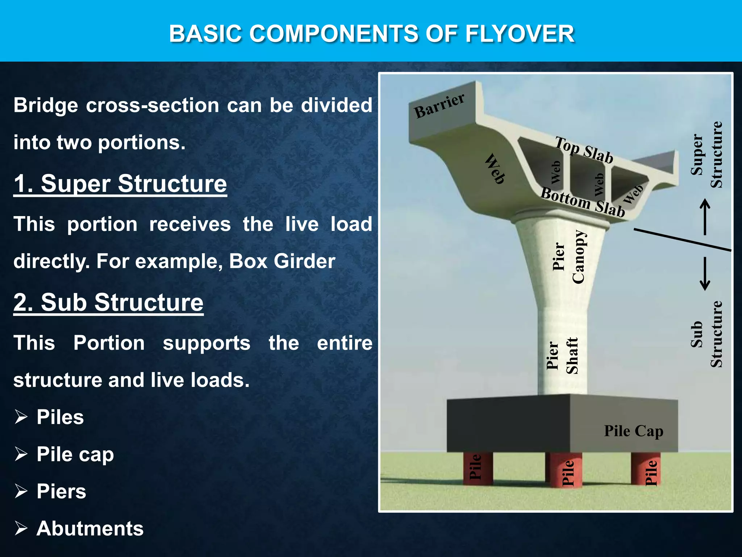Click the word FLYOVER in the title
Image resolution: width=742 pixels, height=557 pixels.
(520, 34)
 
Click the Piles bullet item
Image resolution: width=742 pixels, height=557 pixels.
(60, 417)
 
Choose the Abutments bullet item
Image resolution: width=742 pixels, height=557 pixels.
(90, 528)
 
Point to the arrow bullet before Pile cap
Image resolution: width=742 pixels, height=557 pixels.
(21, 454)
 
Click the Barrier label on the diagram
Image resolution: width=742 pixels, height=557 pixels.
(439, 106)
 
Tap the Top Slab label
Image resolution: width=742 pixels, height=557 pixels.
(584, 150)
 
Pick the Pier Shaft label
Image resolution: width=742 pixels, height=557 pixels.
(562, 356)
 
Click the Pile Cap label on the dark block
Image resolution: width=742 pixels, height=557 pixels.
(633, 431)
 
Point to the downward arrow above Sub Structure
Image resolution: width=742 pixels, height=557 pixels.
(705, 274)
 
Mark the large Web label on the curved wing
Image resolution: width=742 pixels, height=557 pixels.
(495, 169)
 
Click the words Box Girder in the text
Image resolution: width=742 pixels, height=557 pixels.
(282, 261)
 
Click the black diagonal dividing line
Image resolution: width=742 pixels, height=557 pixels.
(683, 240)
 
